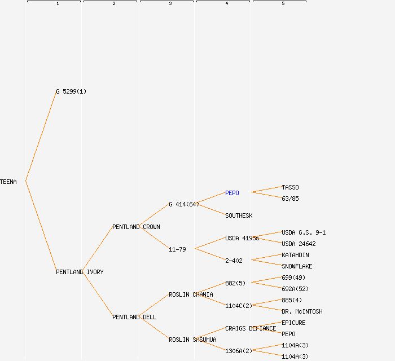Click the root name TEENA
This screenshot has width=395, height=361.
[x=8, y=182]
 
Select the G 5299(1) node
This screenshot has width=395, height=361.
[x=71, y=91]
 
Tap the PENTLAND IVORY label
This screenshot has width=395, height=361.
[x=80, y=272]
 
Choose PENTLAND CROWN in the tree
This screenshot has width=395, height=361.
[x=136, y=227]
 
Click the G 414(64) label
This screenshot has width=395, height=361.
[x=184, y=204]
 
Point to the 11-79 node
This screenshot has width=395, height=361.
[x=177, y=249]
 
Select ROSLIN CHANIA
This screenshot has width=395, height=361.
[x=191, y=294]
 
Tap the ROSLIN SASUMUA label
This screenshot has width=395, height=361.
[x=192, y=340]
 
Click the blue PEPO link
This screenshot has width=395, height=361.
[x=232, y=193]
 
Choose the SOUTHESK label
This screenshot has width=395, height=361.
[x=239, y=215]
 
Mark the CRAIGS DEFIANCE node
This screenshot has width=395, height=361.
[x=251, y=328]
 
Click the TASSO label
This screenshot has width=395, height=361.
[x=290, y=187]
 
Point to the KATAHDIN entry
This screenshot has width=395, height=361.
[x=295, y=255]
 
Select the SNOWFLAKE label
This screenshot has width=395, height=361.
[x=297, y=266]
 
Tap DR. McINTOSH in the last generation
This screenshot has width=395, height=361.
[x=302, y=311]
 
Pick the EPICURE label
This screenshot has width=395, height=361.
[x=293, y=323]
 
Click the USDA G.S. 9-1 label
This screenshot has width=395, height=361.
[x=304, y=232]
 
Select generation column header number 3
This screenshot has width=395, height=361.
[x=170, y=4]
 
